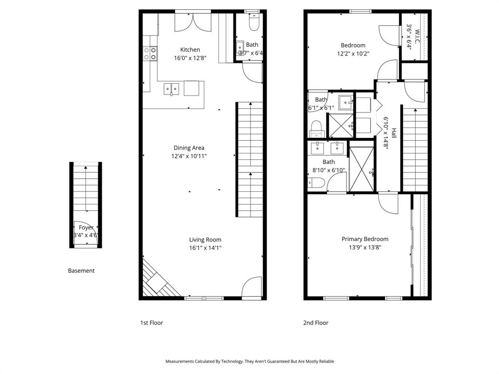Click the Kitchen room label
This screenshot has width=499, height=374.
190,50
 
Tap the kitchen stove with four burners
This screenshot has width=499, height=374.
151,53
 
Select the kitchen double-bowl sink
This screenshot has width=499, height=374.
171,89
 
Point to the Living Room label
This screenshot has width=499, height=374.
205,240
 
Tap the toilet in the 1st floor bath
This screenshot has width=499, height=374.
254,22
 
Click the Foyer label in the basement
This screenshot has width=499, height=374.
86,227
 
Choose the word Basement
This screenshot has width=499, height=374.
81,271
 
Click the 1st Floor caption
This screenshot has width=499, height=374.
151,323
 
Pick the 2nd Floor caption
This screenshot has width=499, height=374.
315,323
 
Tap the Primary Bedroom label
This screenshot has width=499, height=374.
365,239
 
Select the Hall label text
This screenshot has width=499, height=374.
393,133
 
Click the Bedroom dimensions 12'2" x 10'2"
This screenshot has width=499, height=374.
353,54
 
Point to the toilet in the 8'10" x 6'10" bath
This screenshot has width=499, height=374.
317,183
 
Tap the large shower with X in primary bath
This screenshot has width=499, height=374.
361,168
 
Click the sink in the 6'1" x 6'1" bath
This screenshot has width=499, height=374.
345,103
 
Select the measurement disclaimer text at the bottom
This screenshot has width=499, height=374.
249,361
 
